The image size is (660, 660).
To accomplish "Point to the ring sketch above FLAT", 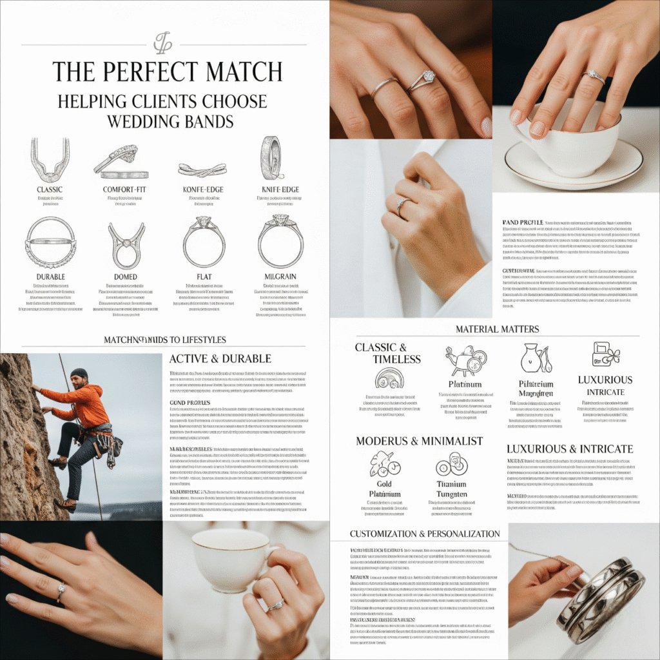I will (x=204, y=243).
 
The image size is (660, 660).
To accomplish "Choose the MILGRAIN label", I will (x=280, y=277).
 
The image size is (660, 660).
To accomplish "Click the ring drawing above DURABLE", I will (x=50, y=242).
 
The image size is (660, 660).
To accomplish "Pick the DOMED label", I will (x=126, y=277).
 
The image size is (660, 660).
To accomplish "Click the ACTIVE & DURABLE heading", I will (x=220, y=359).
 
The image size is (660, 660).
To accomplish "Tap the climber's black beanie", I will (x=79, y=373).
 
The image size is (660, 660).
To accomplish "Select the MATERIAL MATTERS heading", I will (x=497, y=329).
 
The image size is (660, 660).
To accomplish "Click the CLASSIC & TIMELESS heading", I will (x=389, y=353).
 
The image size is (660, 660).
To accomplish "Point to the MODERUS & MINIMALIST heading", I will (x=419, y=441).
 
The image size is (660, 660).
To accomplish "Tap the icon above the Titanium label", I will (x=451, y=464).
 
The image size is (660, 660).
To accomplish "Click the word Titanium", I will (x=451, y=484).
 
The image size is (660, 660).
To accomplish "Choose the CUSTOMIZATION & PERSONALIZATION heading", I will (x=425, y=534).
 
